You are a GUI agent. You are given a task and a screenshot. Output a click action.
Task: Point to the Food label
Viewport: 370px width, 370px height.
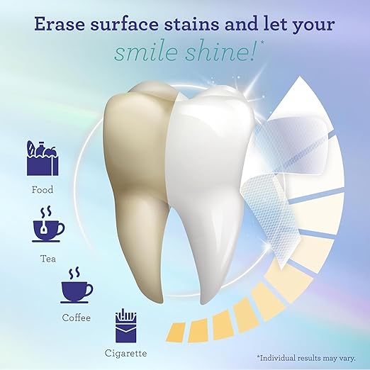tap(42, 190)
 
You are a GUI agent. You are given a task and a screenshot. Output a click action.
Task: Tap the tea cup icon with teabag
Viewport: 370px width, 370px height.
tap(48, 225)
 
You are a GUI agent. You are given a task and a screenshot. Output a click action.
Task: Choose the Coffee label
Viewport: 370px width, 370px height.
tap(76, 318)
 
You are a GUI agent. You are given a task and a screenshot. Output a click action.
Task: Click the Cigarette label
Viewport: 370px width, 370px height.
tap(126, 352)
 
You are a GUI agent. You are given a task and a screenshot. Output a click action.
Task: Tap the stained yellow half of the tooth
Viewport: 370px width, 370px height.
tap(138, 163)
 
